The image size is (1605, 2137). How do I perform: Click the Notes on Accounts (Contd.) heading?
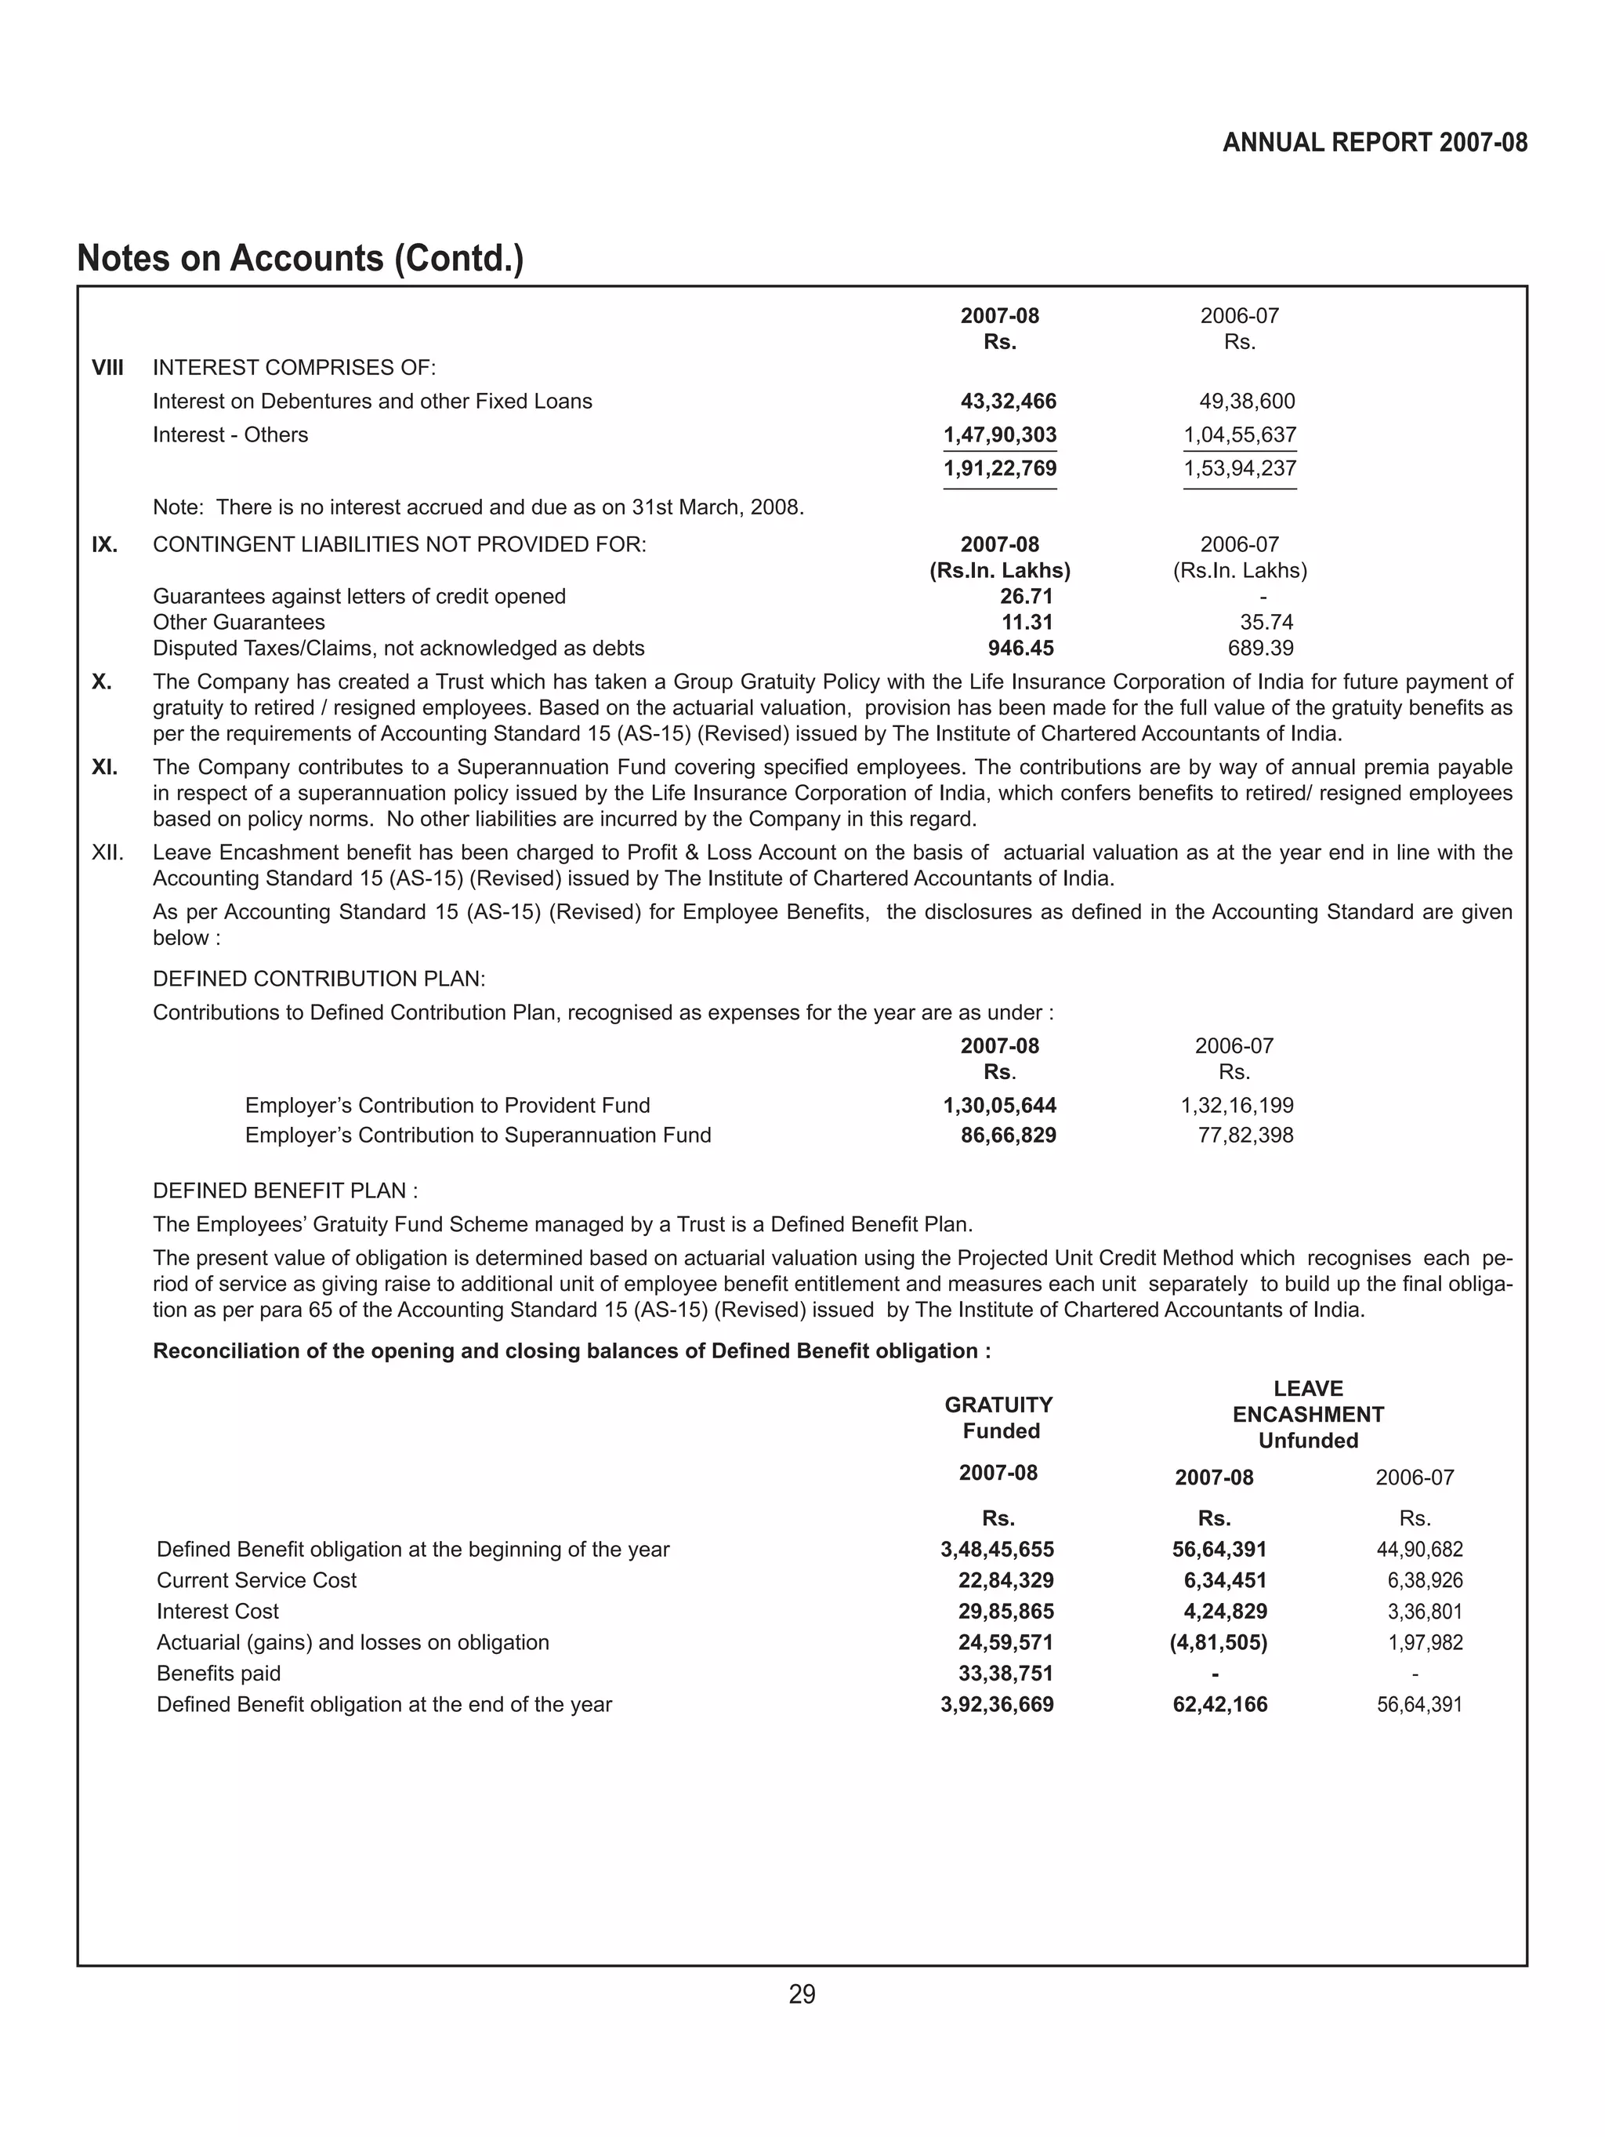[299, 259]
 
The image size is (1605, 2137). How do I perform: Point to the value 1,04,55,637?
[1239, 434]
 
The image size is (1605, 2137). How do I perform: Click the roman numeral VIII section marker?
[107, 368]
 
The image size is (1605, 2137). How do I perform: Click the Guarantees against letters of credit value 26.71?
[1026, 596]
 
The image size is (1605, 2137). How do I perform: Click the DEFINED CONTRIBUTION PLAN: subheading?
[319, 979]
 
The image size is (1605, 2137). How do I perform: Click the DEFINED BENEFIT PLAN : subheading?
[285, 1190]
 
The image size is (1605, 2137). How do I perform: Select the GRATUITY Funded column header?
[998, 1417]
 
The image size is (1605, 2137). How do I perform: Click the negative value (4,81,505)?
[1218, 1642]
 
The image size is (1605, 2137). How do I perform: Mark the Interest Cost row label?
[217, 1612]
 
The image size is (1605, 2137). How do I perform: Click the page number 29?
[802, 1994]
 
